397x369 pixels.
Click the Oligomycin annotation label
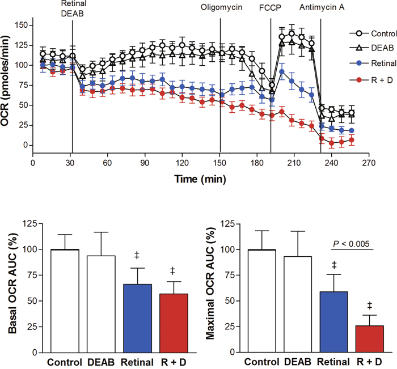click(x=220, y=9)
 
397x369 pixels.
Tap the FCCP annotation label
click(x=271, y=9)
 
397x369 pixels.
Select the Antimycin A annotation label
click(x=320, y=9)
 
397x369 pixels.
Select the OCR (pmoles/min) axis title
click(x=10, y=85)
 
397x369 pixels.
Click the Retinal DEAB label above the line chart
click(x=72, y=8)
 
